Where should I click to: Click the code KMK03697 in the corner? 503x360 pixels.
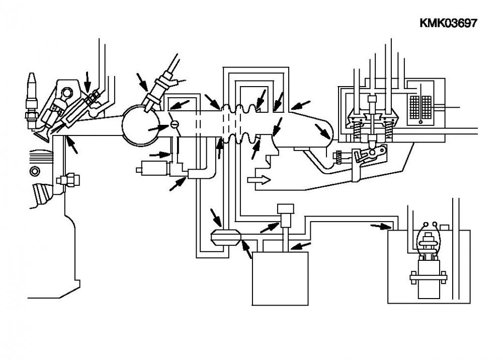448,23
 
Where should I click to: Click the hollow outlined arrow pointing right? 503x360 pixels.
259,180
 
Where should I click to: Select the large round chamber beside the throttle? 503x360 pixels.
141,125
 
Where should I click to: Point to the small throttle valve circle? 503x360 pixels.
175,124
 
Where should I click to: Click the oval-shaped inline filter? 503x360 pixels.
225,238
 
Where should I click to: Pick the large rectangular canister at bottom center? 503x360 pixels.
280,278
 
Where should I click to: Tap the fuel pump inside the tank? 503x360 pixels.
428,260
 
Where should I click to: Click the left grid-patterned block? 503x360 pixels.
414,107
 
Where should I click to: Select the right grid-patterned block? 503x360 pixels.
427,107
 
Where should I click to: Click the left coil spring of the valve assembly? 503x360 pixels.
356,131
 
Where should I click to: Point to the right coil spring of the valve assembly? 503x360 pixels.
388,131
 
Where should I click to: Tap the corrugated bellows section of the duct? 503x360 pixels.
240,124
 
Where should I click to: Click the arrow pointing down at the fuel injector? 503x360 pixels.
87,82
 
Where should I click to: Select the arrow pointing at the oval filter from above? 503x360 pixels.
216,218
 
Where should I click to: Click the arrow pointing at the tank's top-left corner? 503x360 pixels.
381,227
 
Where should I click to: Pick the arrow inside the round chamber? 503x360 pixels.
158,127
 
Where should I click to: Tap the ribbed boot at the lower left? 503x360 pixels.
42,195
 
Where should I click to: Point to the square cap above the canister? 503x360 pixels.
286,209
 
